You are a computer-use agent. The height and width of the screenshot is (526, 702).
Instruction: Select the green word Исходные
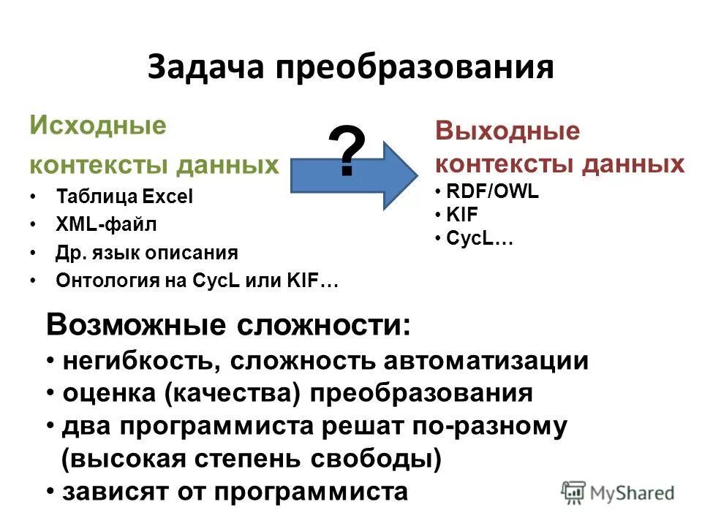[97, 125]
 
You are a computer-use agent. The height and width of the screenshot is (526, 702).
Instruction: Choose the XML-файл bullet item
[106, 224]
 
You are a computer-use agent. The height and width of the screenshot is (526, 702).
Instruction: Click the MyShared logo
[618, 492]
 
